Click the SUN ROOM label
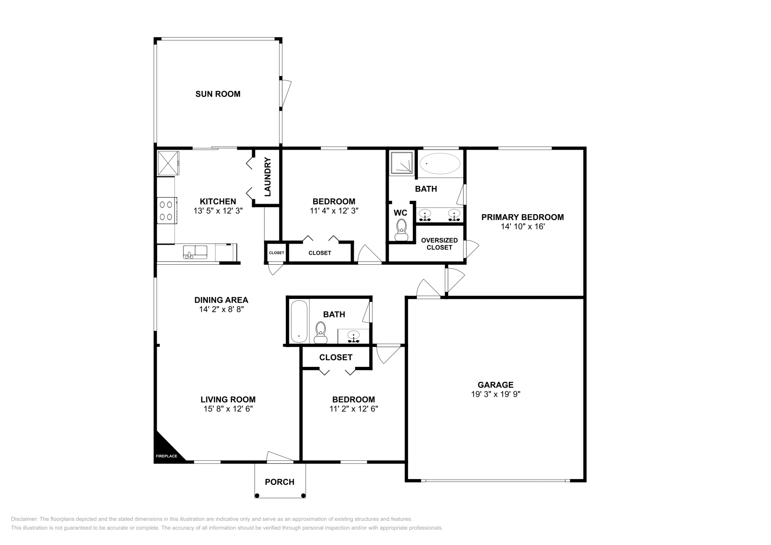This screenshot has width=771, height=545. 218,94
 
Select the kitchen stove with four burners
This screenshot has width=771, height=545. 167,210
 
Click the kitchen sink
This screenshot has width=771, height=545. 195,252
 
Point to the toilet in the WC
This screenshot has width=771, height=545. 401,230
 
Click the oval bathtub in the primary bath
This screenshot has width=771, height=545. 440,164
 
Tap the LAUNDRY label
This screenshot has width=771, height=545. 267,177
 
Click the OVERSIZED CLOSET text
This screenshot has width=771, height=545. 439,244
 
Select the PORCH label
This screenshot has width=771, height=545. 279,482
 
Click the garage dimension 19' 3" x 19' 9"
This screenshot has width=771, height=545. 496,394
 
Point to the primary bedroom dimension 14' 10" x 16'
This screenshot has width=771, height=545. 522,226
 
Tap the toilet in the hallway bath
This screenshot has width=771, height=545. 321,333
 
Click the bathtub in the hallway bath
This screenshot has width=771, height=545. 299,322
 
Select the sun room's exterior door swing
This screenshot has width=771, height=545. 286,93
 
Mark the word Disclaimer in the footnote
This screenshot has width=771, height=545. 24,519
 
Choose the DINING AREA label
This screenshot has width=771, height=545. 221,300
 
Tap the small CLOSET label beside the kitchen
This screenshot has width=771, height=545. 277,253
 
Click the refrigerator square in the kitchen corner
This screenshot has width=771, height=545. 168,164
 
